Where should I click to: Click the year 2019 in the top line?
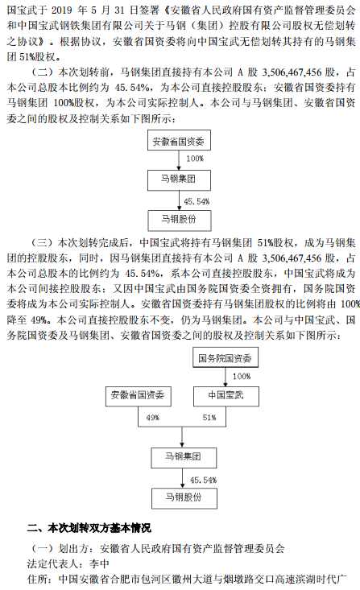coord(61,10)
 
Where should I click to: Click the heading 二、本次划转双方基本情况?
coord(89,528)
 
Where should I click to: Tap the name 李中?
coord(99,563)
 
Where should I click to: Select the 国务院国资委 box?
coord(226,358)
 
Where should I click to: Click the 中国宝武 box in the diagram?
coord(226,396)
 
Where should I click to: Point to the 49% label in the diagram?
coord(152,418)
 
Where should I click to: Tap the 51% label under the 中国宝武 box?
coord(209,418)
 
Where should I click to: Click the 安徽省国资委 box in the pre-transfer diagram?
coord(179,141)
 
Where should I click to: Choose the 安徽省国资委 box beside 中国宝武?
coord(139,396)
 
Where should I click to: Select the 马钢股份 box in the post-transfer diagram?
coord(184,498)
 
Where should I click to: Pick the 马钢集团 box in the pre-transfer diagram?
coord(179,179)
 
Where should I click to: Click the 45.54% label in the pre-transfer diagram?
coord(197,202)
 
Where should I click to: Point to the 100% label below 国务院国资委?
coord(242,376)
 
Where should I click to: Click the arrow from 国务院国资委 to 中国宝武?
coord(226,377)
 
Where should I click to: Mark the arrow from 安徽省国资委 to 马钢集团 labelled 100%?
coord(179,160)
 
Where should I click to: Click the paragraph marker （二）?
coord(41,72)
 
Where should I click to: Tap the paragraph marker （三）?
coord(41,243)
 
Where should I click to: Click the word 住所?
coord(37,579)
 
